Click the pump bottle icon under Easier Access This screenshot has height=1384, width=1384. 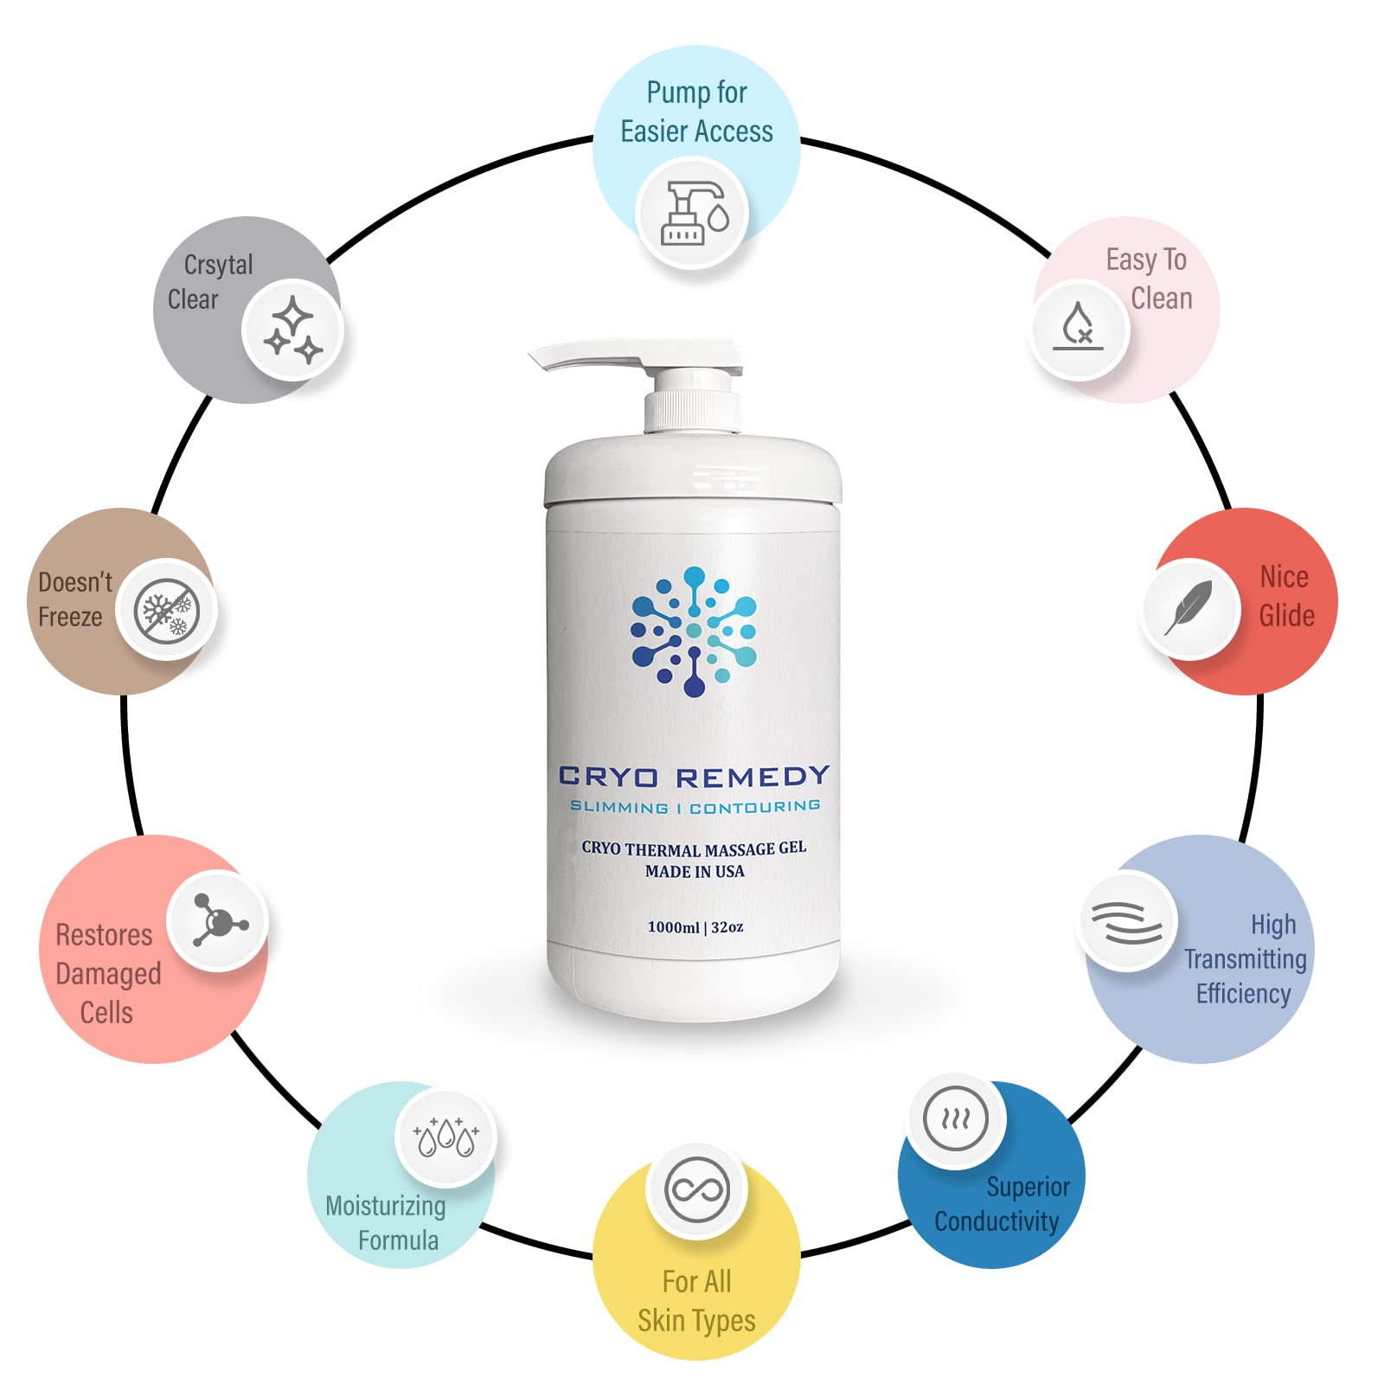[x=693, y=213]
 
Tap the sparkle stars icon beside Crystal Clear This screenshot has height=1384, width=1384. [x=292, y=330]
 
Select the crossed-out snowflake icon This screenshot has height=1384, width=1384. [x=167, y=611]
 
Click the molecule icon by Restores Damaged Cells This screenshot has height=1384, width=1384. [x=218, y=921]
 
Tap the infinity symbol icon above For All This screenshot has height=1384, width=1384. [x=697, y=1190]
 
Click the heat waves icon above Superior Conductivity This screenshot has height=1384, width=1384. [x=955, y=1119]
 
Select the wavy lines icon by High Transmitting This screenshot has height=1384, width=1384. [x=1126, y=923]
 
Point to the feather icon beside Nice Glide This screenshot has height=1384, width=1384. [x=1189, y=608]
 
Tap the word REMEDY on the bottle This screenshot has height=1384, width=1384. [x=753, y=777]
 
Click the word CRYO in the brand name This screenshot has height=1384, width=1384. [x=608, y=777]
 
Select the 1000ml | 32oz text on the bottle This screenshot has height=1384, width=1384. [x=695, y=927]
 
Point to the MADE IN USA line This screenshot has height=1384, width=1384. [x=695, y=872]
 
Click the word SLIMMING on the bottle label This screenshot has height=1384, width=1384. [x=618, y=807]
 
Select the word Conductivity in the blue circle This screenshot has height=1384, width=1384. [x=996, y=1221]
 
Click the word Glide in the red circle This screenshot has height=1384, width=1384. [x=1286, y=616]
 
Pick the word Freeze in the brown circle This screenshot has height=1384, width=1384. [x=70, y=617]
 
